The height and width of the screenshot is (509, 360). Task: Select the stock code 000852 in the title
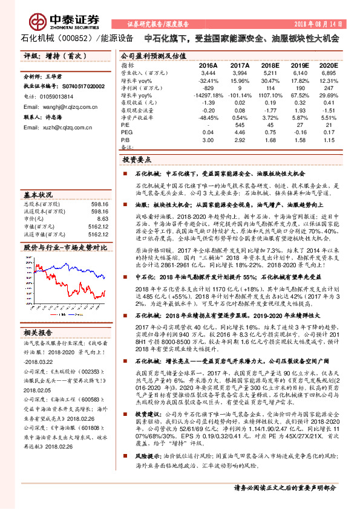pos(84,38)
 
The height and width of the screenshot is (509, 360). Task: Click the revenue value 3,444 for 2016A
pos(208,72)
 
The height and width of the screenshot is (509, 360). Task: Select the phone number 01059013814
pos(57,96)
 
